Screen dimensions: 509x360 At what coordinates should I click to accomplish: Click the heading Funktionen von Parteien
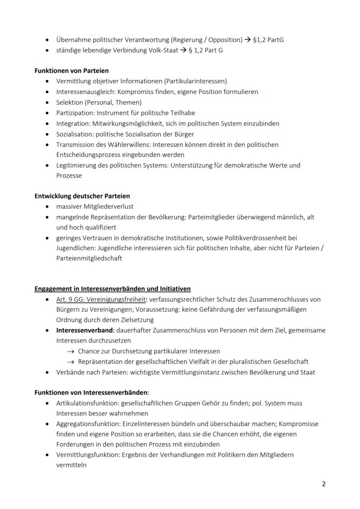tap(72, 70)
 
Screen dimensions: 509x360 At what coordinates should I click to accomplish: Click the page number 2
tap(323, 484)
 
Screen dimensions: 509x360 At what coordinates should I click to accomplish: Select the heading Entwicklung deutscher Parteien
tap(82, 196)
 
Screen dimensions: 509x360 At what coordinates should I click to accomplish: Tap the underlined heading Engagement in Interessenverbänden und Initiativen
tap(113, 289)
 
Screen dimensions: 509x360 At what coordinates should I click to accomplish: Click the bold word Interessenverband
tap(85, 330)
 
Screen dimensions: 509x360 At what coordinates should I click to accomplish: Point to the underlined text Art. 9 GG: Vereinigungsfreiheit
tap(101, 299)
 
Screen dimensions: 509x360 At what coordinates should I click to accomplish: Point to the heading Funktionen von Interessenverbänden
tap(92, 393)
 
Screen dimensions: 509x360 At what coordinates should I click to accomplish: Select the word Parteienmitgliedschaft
tap(89, 258)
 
